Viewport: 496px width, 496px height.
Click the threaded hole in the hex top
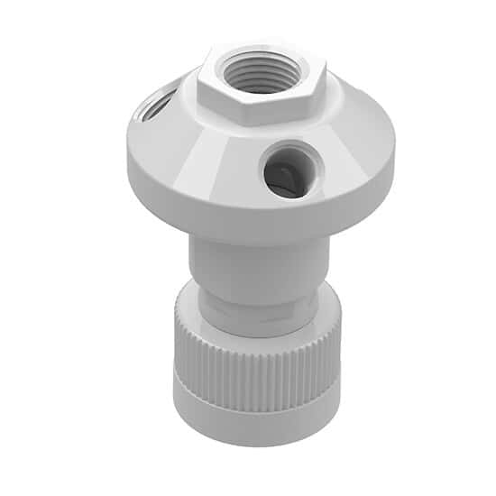coord(258,71)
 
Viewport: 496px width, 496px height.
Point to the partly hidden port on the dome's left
coord(152,107)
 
